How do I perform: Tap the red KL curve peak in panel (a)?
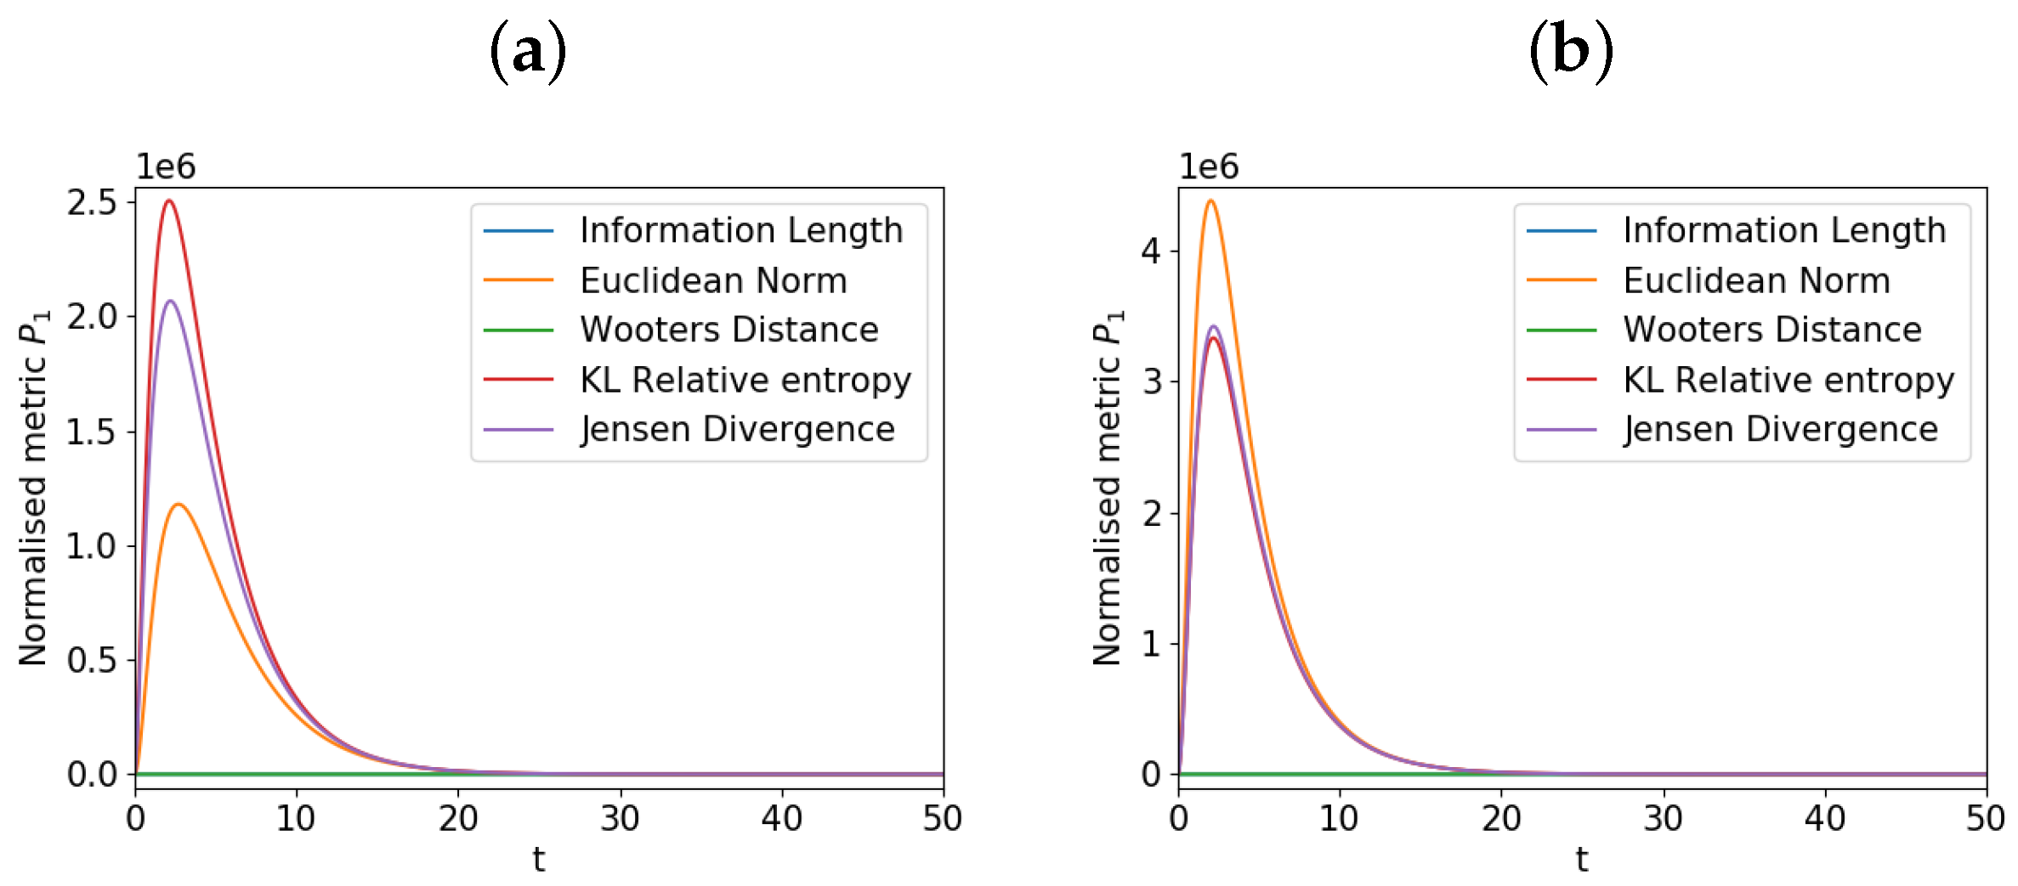coord(169,200)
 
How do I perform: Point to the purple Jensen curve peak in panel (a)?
coord(171,301)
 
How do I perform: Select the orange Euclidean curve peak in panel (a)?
coord(179,505)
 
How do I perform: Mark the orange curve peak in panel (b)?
coord(1210,200)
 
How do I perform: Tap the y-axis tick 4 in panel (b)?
coord(1151,251)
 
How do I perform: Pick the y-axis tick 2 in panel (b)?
coord(1151,513)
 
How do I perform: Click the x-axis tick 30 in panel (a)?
coord(620,819)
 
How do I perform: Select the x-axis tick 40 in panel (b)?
coord(1824,819)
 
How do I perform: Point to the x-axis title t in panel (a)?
coord(539,860)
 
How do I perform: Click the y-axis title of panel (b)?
coord(1108,488)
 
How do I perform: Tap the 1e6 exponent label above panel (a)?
coord(166,166)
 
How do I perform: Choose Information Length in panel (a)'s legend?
coord(741,230)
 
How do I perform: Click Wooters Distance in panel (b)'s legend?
coord(1772,330)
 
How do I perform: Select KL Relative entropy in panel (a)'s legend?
coord(745,380)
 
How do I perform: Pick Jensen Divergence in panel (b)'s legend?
coord(1781,429)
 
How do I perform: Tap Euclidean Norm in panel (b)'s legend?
coord(1756,280)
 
